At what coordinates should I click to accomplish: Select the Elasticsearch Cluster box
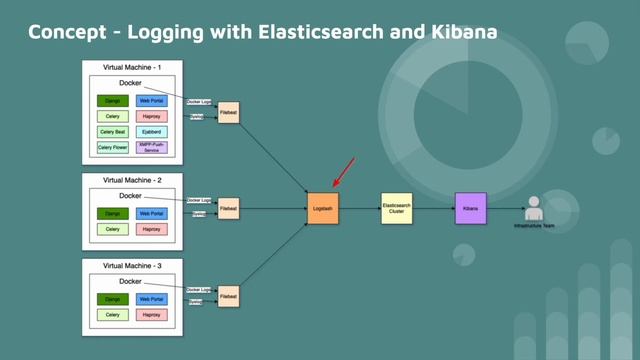396,208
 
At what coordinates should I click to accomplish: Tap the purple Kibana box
470,208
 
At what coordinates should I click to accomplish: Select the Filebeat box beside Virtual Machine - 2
229,209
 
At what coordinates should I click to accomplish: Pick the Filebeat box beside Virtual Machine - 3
229,297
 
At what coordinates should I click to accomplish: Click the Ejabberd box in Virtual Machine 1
153,131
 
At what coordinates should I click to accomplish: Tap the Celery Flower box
112,147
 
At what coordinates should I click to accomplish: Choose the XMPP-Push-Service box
153,147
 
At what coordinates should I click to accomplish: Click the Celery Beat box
112,131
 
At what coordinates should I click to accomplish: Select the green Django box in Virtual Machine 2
112,213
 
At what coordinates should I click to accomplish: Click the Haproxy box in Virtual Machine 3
153,315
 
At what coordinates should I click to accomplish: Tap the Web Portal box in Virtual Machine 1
153,101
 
